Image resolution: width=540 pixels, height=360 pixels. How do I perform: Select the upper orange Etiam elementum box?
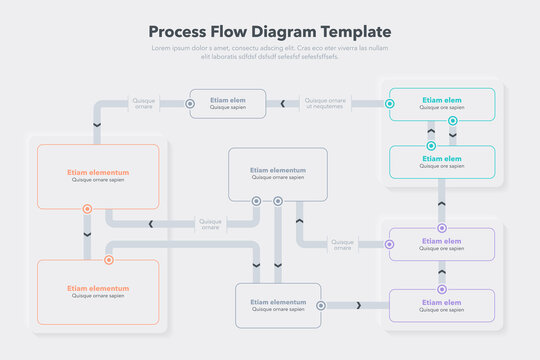click(x=97, y=176)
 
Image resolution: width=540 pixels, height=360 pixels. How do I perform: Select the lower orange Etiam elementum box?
click(x=97, y=291)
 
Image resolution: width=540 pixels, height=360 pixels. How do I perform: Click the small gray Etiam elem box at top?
click(x=227, y=103)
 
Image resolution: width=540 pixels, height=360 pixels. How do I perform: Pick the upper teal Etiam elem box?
click(x=442, y=103)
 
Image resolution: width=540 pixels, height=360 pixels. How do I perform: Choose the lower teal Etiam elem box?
click(x=442, y=161)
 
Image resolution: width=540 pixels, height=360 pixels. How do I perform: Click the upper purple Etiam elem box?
click(x=442, y=244)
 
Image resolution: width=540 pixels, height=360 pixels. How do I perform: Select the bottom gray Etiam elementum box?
click(x=278, y=305)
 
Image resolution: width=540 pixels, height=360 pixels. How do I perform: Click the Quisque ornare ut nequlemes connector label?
click(x=325, y=103)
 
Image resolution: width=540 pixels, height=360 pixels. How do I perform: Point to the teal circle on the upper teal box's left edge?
click(x=389, y=103)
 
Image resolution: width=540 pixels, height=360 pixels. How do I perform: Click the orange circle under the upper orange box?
click(x=87, y=209)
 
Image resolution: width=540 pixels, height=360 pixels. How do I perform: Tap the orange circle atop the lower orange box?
click(x=109, y=260)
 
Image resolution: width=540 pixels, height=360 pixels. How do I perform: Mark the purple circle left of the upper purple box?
click(x=389, y=244)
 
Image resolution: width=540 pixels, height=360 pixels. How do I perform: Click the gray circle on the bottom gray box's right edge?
click(x=320, y=305)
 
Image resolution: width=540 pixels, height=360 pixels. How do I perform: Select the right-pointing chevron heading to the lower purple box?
click(x=357, y=305)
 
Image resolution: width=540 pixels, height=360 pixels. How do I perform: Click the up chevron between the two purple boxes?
click(x=442, y=272)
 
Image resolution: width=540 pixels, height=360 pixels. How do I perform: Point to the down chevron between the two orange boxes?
click(x=87, y=234)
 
